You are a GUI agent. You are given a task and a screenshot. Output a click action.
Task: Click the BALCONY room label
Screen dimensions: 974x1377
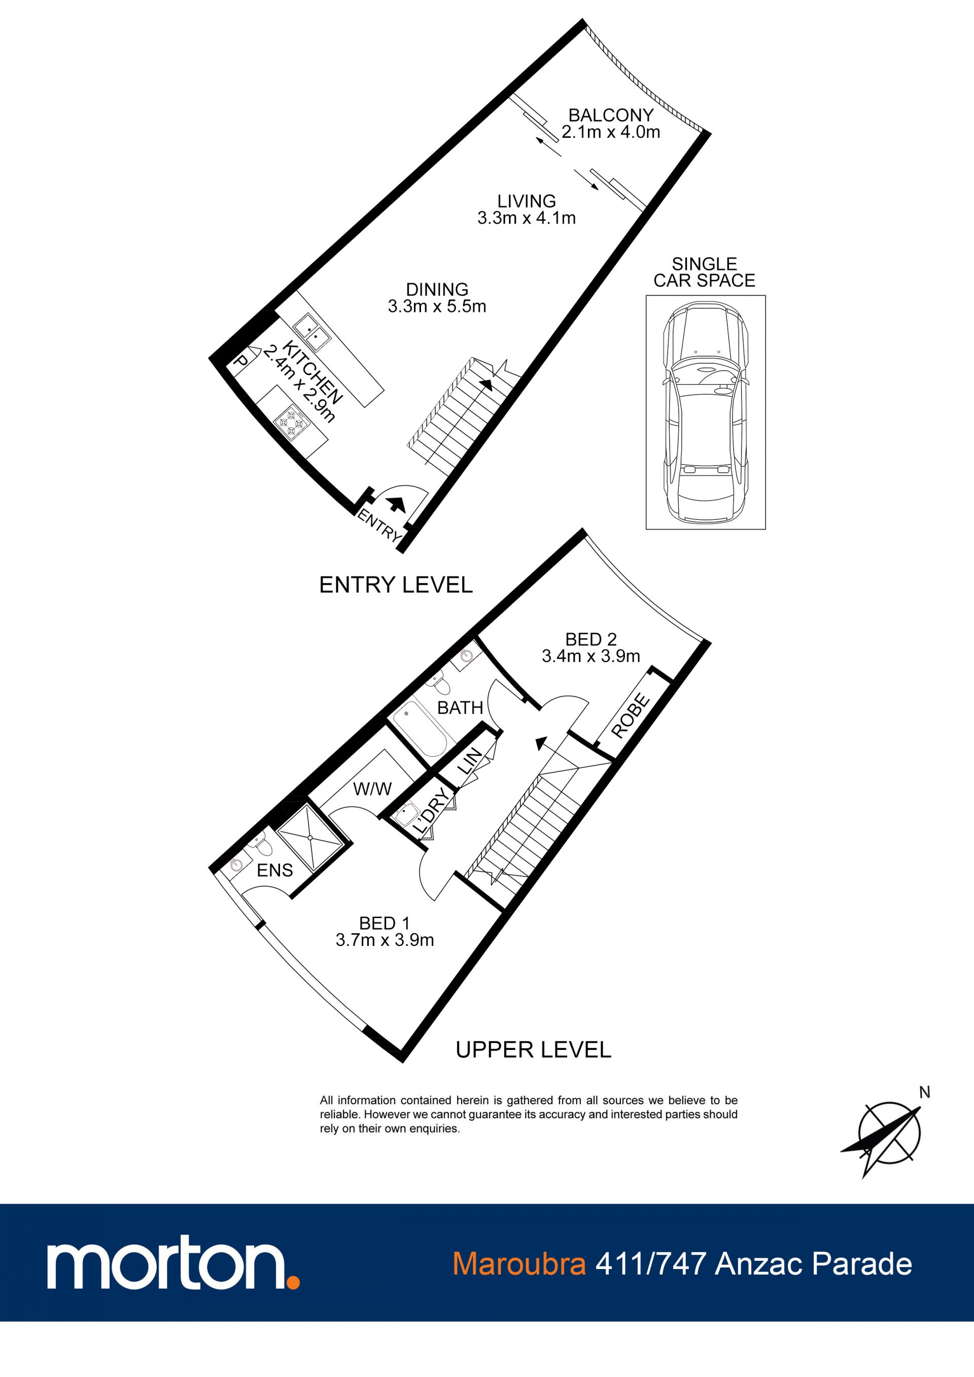click(x=611, y=115)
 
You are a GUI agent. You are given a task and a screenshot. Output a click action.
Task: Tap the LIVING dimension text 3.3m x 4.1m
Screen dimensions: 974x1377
click(x=527, y=218)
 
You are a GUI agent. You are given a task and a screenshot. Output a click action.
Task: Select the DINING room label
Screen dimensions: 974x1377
click(x=437, y=289)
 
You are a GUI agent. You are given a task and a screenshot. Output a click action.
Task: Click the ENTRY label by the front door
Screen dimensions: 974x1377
click(x=378, y=524)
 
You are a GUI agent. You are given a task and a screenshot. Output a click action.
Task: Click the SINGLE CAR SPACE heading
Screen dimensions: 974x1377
click(x=704, y=272)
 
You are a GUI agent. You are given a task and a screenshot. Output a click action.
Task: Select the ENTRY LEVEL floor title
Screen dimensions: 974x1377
click(x=396, y=585)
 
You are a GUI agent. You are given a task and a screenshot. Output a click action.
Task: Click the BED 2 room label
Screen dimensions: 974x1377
click(x=591, y=640)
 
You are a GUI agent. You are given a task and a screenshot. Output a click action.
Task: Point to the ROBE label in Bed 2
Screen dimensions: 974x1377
click(x=631, y=716)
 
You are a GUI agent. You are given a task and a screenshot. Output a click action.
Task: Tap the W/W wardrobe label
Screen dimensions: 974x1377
click(x=372, y=789)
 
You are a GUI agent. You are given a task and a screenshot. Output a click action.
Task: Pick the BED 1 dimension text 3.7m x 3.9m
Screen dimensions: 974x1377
click(x=385, y=940)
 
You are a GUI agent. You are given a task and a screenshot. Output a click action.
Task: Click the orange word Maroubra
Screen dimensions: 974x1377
click(x=519, y=1264)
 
